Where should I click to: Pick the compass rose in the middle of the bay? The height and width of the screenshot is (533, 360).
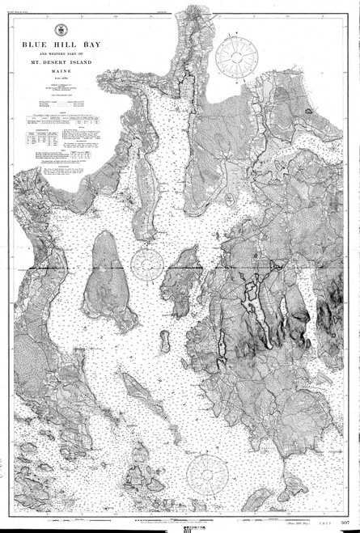[x=148, y=262]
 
